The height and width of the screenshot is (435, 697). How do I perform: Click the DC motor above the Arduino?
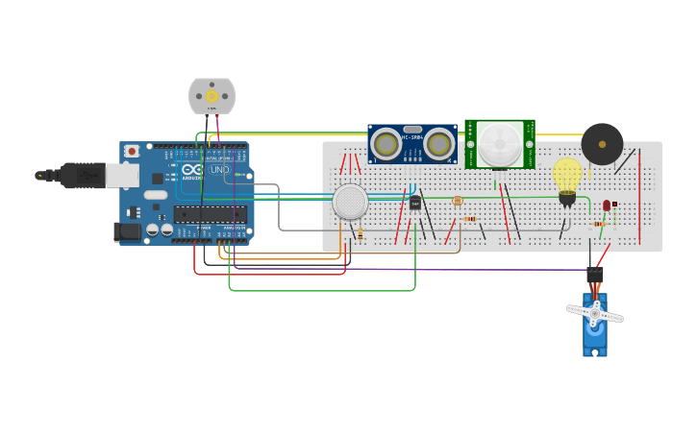coord(212,96)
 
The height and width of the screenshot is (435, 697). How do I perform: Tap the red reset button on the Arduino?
coord(131,152)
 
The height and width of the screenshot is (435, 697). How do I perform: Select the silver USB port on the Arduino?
coord(122,175)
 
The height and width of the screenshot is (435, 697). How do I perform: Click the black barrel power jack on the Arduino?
coord(126,231)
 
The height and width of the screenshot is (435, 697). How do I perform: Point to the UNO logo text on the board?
coord(220,170)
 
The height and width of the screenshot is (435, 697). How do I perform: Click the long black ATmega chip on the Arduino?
coord(210,214)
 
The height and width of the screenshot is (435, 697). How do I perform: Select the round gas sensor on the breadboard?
coord(350,203)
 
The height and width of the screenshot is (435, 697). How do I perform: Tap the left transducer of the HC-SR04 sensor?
coord(386,144)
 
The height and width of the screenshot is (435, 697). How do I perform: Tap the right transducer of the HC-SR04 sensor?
coord(439,144)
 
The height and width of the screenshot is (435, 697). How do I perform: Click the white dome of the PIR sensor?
coord(500,144)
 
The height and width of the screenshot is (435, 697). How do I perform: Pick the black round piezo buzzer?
coord(602,144)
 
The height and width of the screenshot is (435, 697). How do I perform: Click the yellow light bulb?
coord(567,176)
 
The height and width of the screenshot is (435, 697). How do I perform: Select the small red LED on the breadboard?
coord(607,205)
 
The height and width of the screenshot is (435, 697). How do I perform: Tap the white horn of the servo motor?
coord(594,313)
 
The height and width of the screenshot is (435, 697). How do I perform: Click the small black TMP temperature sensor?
coord(415,203)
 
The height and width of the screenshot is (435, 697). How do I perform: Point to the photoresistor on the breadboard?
coord(457,201)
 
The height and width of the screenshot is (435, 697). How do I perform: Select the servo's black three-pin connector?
coord(595,275)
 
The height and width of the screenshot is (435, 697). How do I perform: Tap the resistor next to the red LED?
coord(599,224)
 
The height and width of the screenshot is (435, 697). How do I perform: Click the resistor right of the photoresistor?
coord(469,219)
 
